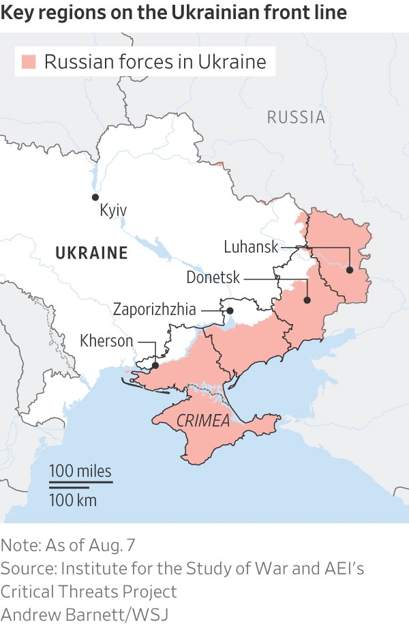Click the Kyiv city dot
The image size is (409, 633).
95,197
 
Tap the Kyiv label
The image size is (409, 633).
113,210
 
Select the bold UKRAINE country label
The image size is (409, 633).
91,253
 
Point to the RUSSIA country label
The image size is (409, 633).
296,117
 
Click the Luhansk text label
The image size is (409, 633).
251,246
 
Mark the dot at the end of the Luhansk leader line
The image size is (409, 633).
350,270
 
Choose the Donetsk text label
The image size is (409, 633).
213,278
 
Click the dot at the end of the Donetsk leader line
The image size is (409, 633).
308,300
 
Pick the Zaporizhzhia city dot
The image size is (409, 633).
230,311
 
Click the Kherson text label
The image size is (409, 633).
106,340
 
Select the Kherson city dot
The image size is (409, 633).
155,366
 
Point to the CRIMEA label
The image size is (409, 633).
203,421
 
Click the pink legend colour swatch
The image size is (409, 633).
29,62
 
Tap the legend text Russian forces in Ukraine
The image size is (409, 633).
155,62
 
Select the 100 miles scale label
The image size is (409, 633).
80,471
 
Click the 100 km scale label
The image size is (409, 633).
73,501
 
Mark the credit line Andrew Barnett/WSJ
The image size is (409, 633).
84,614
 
